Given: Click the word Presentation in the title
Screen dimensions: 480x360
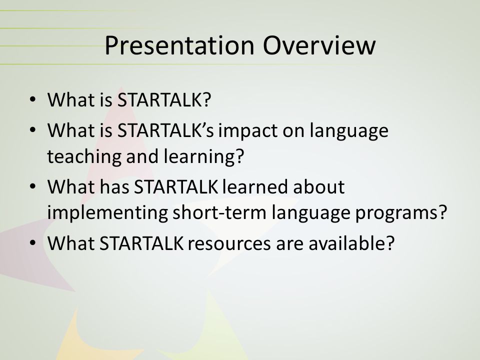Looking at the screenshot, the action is (179, 46).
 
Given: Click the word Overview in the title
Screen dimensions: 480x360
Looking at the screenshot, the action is (318, 45).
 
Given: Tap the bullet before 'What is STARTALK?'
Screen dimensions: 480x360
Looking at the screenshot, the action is (33, 99).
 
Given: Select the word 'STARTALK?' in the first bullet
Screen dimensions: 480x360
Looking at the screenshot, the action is (164, 100).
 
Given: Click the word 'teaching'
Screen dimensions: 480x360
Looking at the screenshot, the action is (84, 156).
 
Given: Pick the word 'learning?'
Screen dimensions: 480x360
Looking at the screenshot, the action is (204, 156).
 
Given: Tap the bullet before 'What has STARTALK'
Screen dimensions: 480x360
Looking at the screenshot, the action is (33, 186).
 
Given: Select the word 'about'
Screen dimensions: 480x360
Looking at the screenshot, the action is (318, 186).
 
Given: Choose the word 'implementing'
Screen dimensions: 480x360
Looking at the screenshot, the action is (107, 213).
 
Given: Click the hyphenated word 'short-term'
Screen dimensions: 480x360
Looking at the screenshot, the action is (219, 212).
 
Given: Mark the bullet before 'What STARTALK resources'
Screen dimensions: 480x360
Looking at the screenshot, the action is (33, 243).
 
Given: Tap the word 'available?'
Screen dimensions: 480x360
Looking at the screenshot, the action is (351, 243).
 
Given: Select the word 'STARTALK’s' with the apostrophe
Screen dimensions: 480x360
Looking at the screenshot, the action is (165, 130).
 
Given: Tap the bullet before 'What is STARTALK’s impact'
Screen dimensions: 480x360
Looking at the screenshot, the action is (33, 130).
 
